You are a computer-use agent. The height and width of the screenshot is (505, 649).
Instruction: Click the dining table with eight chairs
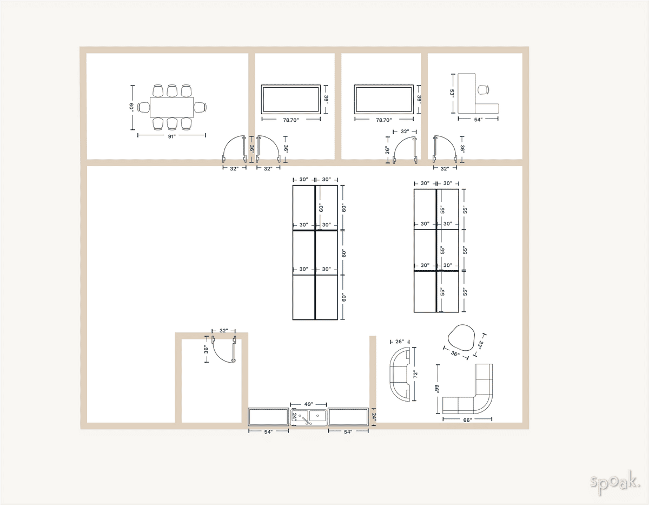171,107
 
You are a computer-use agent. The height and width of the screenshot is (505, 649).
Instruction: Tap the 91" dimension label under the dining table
171,137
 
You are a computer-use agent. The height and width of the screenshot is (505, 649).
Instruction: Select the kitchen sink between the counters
309,417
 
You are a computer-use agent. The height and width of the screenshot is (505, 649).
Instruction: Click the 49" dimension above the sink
309,404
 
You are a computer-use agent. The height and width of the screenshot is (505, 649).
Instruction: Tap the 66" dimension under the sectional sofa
467,420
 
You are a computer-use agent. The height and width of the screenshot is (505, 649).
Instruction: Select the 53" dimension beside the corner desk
452,93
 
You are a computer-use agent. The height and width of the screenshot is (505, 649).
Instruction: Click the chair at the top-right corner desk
484,90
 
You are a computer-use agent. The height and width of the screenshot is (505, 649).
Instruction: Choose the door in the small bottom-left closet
224,350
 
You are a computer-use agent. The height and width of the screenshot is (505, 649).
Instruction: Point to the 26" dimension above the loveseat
400,342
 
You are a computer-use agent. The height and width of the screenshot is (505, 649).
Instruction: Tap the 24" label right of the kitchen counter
373,416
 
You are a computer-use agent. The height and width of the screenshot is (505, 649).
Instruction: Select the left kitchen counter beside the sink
268,417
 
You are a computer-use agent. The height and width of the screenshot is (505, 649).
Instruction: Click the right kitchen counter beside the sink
348,417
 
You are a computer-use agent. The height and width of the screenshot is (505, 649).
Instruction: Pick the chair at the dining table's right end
200,107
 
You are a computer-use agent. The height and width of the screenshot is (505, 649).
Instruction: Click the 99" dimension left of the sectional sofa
437,389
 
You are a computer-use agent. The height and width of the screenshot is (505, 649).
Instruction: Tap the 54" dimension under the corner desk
478,120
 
